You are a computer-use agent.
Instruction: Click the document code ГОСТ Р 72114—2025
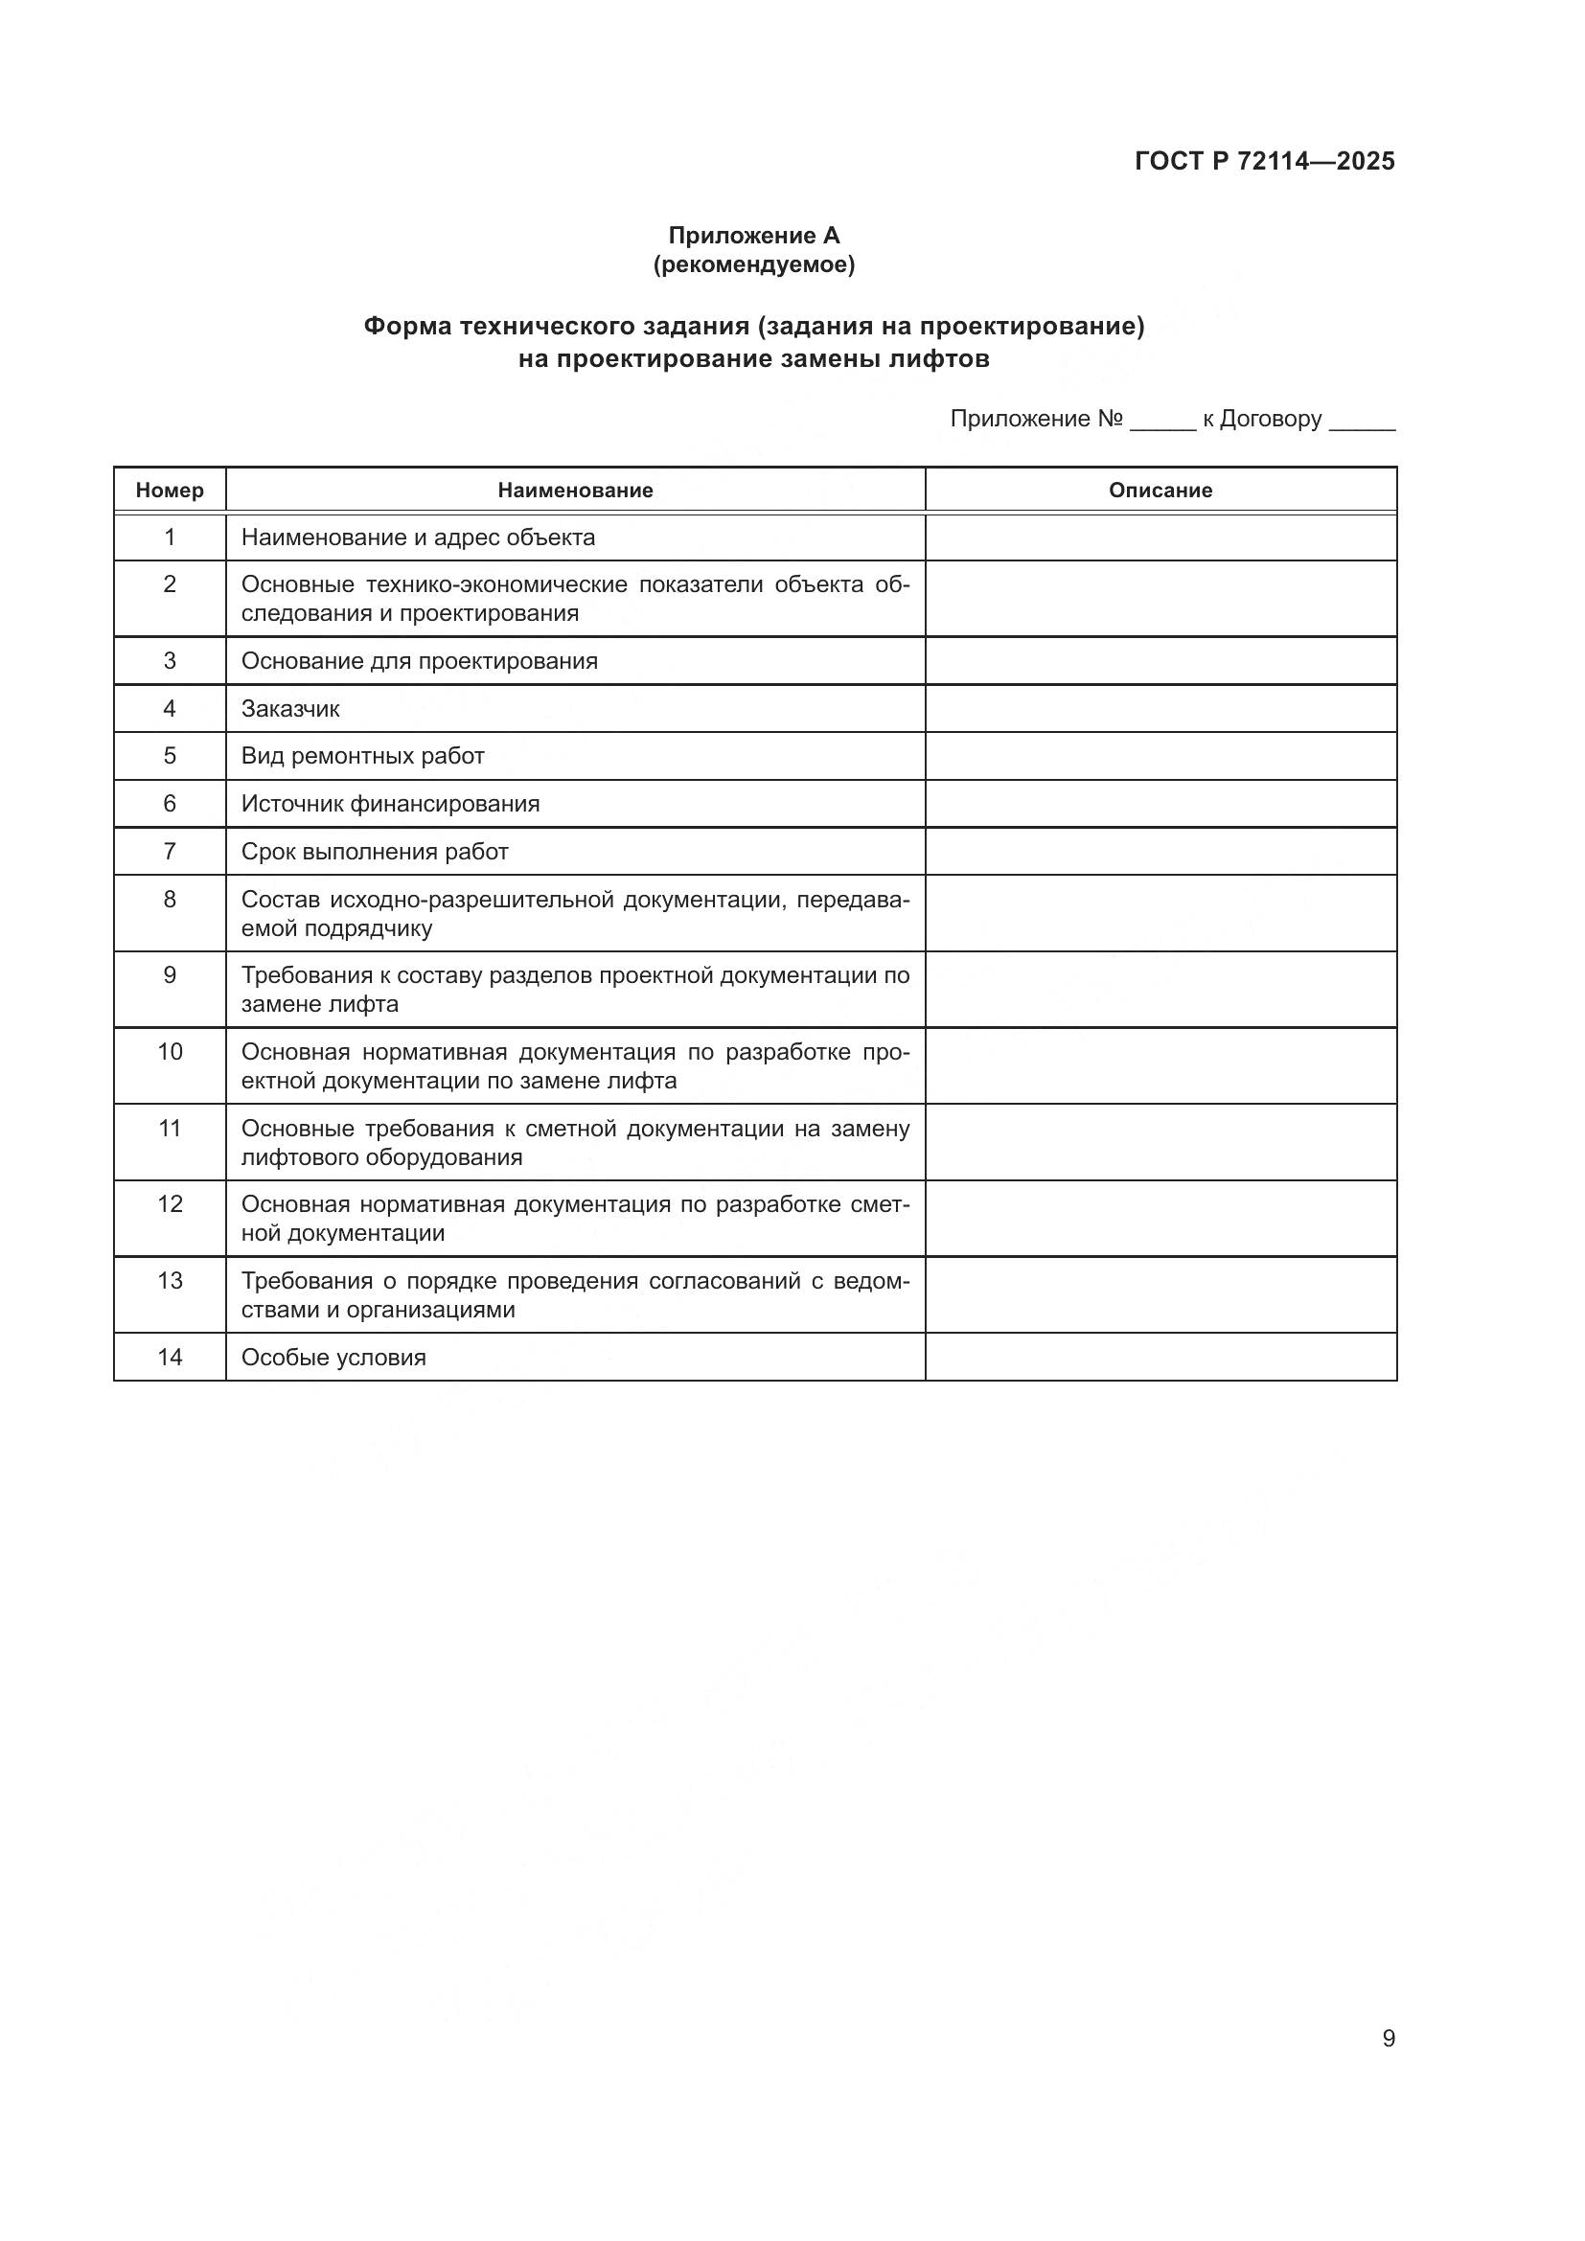pos(1264,161)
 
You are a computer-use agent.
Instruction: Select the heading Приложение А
pos(753,236)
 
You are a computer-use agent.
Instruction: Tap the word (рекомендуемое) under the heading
pos(753,264)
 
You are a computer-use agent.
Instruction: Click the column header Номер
pos(170,490)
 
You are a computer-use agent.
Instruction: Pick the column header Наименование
pos(575,490)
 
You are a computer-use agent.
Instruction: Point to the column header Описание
pos(1160,490)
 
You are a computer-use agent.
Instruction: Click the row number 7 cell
pos(170,851)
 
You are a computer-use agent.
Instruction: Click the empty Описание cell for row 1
pos(1160,537)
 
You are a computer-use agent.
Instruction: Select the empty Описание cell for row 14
pos(1160,1357)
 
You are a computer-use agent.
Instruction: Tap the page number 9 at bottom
pos(1389,2038)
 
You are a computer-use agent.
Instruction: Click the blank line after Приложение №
pos(1162,422)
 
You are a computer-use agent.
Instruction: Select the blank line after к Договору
pos(1363,422)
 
